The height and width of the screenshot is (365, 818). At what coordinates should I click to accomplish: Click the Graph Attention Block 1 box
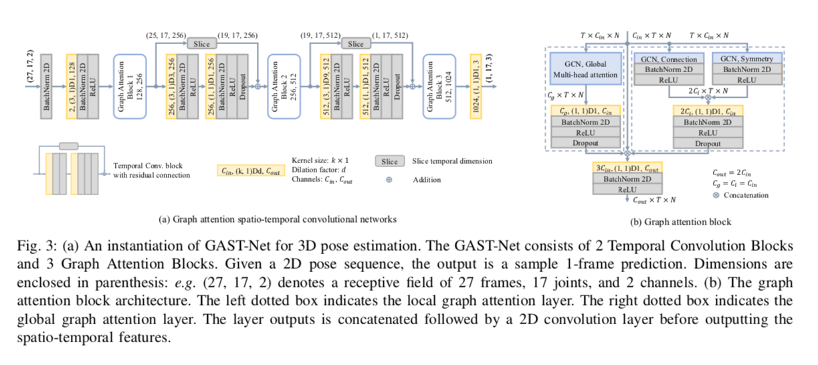[130, 86]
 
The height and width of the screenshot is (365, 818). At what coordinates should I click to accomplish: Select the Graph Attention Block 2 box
[284, 86]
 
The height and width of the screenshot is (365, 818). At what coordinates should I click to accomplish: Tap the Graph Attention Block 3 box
[439, 86]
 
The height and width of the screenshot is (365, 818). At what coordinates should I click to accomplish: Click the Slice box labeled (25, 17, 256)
[201, 44]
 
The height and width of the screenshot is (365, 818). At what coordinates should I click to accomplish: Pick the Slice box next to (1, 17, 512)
[356, 44]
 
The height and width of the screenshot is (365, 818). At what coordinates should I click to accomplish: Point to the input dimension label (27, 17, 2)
[30, 66]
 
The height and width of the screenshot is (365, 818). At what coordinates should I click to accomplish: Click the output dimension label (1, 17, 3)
[489, 68]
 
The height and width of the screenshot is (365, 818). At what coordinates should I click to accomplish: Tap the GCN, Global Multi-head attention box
[586, 69]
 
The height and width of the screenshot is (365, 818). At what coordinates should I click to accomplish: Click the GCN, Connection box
[669, 59]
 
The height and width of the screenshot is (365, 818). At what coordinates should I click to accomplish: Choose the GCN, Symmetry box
[747, 58]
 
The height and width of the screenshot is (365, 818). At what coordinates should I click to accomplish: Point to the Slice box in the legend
[390, 161]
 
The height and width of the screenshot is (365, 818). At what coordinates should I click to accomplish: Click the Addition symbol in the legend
[389, 180]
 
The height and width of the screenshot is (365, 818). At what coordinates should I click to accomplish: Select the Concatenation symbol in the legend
[716, 195]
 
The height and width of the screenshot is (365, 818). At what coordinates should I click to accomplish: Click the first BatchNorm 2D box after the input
[46, 86]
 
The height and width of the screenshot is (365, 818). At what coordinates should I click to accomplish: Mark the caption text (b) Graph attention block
[681, 222]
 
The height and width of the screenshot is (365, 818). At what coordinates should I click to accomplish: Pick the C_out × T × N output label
[654, 200]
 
